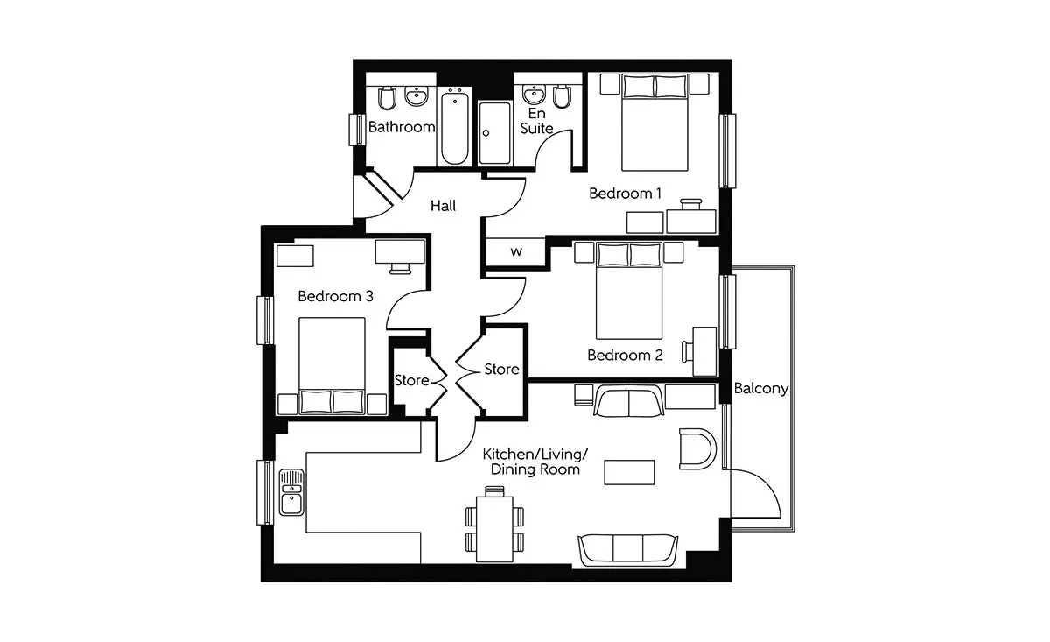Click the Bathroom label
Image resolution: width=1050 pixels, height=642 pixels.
point(402,127)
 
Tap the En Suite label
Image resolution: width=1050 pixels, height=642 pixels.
point(536,121)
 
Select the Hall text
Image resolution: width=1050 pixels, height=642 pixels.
point(443,206)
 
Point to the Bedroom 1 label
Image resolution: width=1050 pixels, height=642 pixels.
point(625,193)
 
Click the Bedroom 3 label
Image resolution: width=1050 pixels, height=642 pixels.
point(335,296)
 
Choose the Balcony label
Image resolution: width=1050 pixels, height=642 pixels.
point(760,389)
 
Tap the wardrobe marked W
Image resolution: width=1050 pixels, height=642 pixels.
point(515,252)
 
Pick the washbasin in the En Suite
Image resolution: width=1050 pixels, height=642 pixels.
point(533,95)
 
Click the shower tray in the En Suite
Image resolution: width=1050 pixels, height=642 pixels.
point(494,133)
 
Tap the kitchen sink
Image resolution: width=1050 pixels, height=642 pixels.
point(291,492)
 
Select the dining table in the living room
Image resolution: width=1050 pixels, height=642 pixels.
point(494,529)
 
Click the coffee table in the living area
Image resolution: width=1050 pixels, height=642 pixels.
point(629,472)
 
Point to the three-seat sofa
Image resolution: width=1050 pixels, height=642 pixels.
point(628,551)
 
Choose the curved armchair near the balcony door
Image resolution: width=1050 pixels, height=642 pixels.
point(697,448)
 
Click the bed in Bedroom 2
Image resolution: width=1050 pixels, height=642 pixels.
point(629,291)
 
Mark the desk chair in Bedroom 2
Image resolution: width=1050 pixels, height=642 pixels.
point(687,352)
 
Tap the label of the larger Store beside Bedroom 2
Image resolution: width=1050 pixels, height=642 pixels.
point(501,370)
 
